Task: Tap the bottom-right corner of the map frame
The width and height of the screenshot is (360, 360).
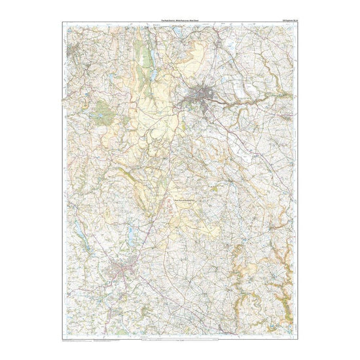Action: click(298, 336)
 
